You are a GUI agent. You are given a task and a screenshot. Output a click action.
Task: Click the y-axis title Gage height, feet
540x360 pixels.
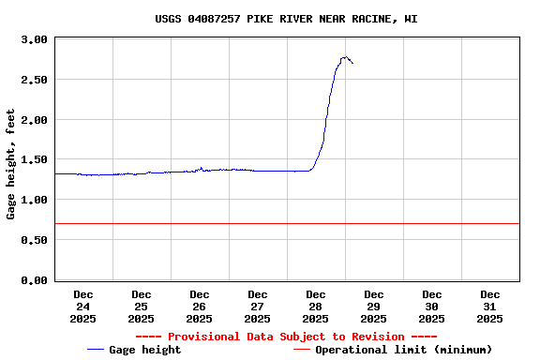point(11,164)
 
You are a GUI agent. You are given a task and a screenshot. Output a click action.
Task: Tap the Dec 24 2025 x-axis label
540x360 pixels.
point(83,307)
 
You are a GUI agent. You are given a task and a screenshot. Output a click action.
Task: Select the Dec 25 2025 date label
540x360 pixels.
point(142,307)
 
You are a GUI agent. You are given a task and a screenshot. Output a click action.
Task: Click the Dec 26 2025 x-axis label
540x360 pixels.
point(200,307)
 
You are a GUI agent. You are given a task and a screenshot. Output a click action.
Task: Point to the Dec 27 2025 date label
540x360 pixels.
point(258,307)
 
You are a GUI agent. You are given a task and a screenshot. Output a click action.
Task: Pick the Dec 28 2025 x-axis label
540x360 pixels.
point(316,307)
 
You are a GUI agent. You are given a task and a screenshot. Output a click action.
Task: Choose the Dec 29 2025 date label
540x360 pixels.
point(374,307)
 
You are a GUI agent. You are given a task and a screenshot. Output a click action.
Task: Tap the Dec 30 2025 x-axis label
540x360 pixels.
point(432,307)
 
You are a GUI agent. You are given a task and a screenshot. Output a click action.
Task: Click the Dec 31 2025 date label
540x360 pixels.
point(490,307)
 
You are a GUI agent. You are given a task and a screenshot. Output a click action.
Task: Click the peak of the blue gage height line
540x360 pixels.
point(345,57)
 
